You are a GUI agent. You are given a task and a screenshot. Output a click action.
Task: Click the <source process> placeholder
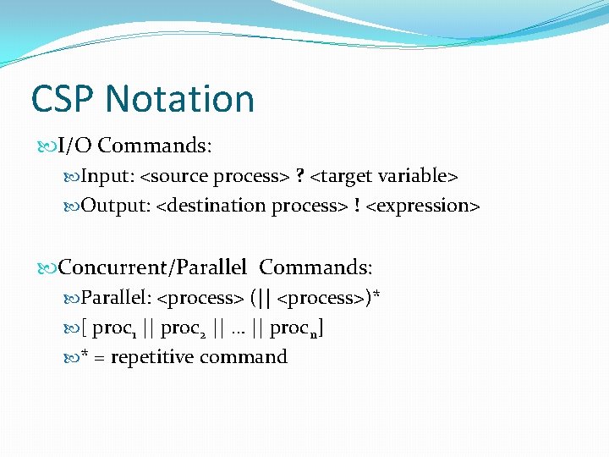(215, 176)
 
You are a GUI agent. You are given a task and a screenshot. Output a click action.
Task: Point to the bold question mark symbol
(300, 176)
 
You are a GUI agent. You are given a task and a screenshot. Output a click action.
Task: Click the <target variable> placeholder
(384, 176)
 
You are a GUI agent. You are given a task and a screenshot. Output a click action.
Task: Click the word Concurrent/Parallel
(153, 267)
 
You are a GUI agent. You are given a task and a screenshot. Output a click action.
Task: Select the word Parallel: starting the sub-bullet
(118, 298)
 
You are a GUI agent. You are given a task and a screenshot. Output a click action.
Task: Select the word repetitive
(152, 357)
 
